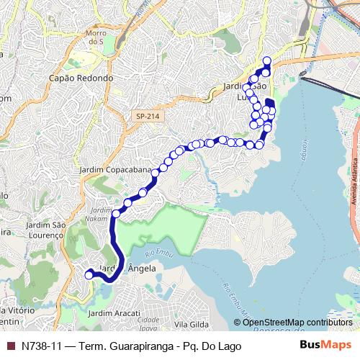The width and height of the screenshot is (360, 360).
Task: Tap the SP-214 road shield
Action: pyautogui.click(x=150, y=116)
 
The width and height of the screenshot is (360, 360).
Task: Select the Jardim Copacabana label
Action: pyautogui.click(x=116, y=171)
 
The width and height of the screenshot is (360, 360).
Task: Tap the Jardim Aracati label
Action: pyautogui.click(x=112, y=314)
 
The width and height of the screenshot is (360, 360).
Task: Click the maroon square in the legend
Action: pyautogui.click(x=9, y=346)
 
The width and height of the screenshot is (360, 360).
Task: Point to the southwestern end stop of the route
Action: pyautogui.click(x=89, y=274)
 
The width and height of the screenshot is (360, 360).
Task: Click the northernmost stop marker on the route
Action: pyautogui.click(x=267, y=60)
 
